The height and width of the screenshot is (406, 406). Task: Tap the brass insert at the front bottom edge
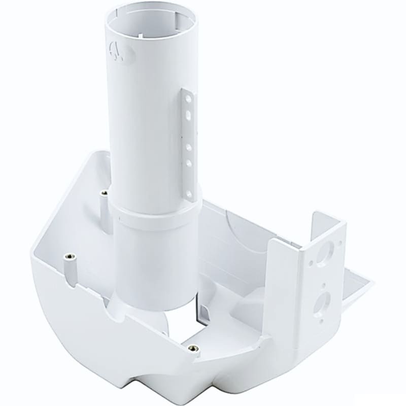click(191, 349)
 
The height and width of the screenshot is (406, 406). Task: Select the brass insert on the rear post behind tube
click(104, 193)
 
